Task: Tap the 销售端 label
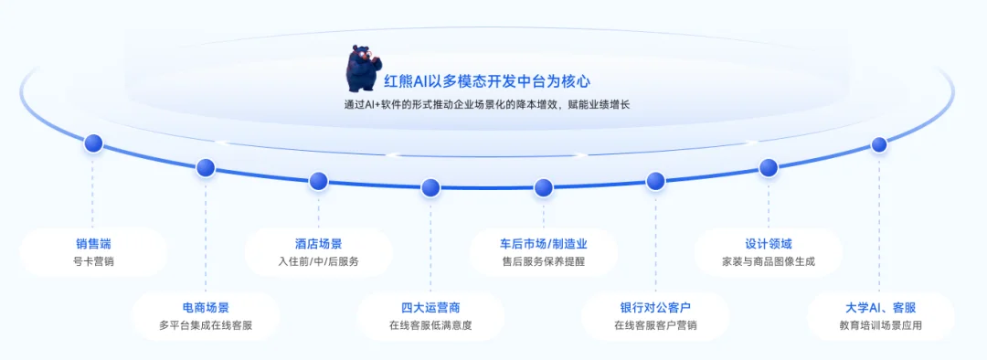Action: coord(93,244)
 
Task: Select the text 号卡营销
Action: coord(93,261)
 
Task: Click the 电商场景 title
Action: coord(206,308)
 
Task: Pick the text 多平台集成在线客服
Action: coord(206,325)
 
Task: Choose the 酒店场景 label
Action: coord(318,244)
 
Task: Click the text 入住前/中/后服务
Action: coord(318,261)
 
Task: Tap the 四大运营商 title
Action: coord(430,308)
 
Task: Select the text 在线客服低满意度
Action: coord(430,325)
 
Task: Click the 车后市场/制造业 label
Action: coord(543,244)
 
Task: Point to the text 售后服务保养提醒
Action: coord(543,261)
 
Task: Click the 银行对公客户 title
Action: coord(655,308)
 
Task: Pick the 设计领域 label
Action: coord(768,244)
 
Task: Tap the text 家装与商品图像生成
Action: coord(768,261)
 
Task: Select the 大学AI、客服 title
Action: coord(880,308)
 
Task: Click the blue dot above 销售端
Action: coord(93,143)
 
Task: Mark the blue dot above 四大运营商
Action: coord(430,187)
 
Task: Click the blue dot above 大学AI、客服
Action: coord(879,144)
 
